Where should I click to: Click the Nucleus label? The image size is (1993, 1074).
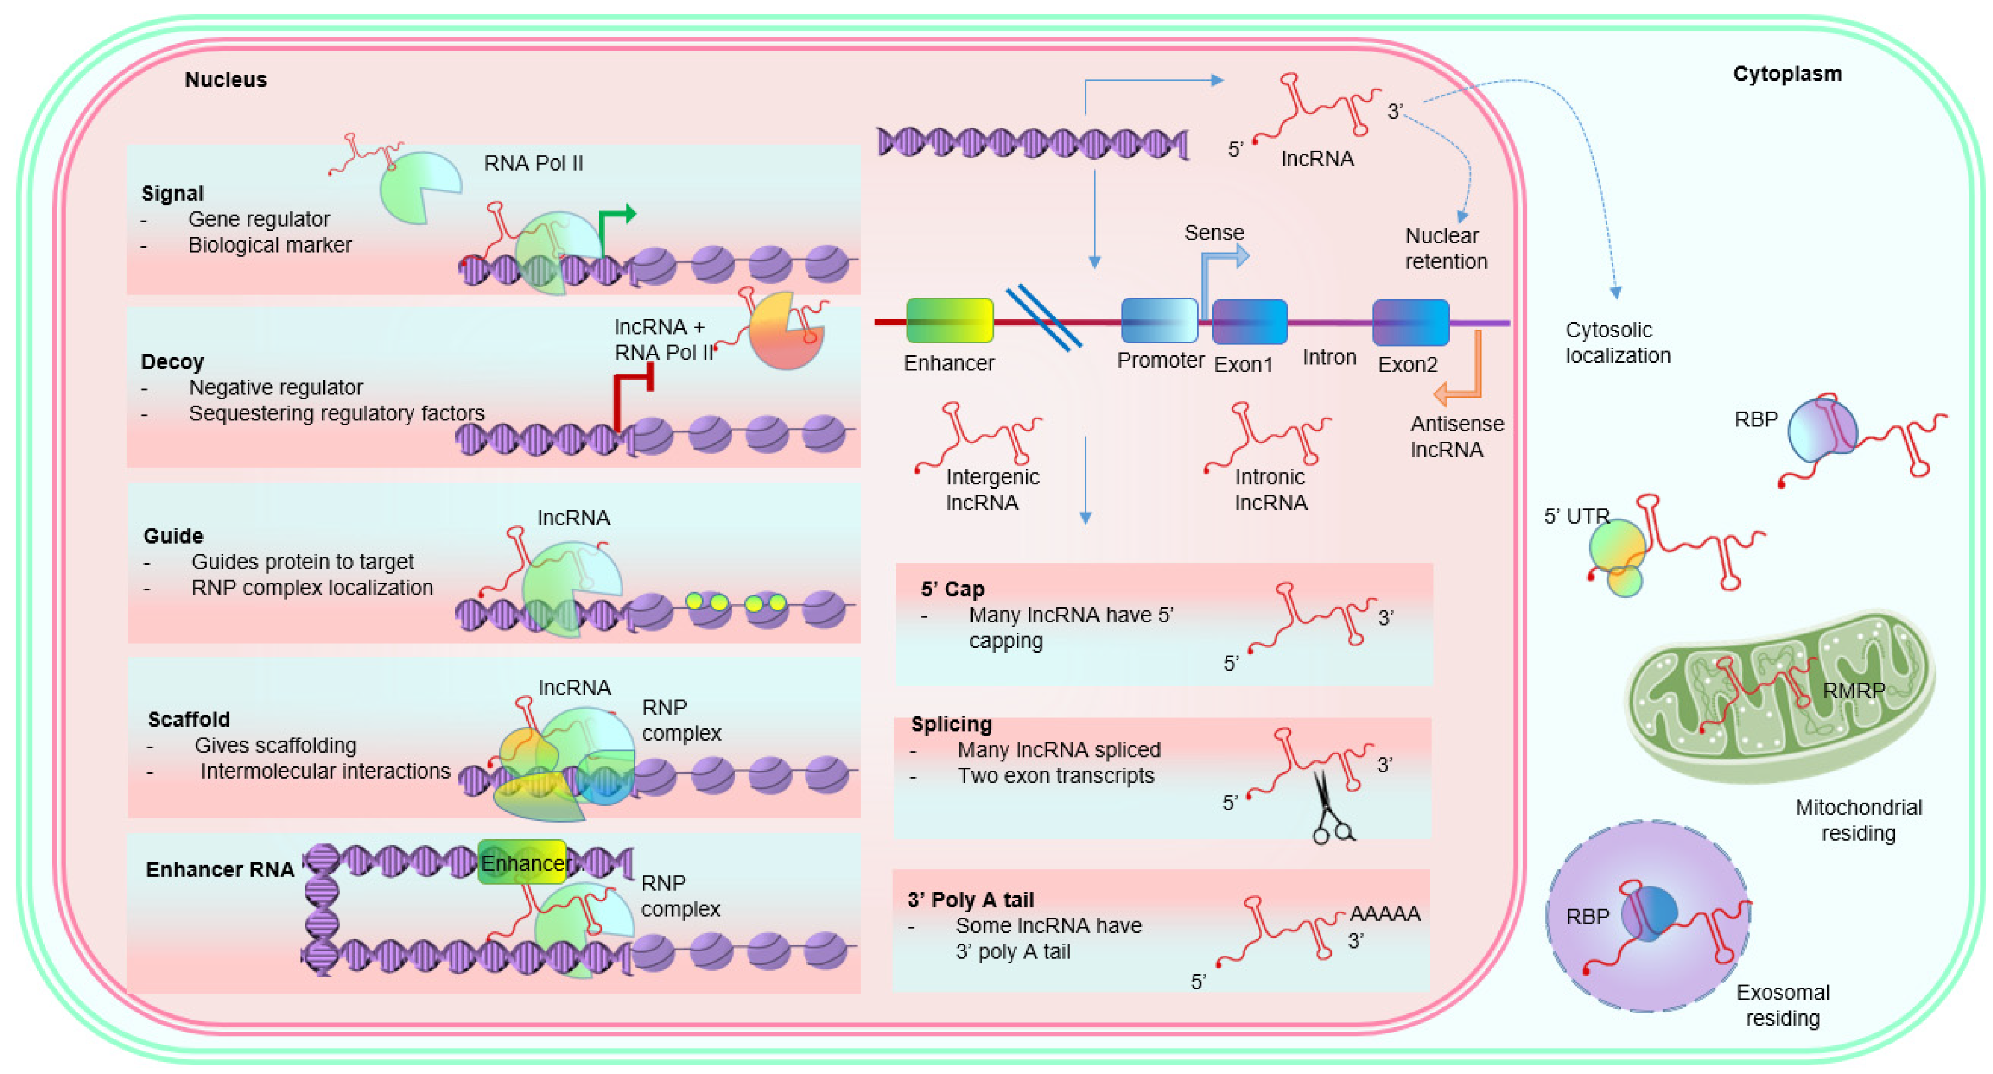[x=225, y=80]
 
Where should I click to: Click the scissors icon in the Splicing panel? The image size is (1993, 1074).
[x=1331, y=809]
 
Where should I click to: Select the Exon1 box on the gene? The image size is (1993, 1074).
[x=1249, y=322]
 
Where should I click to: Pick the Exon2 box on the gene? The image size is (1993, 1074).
[x=1410, y=322]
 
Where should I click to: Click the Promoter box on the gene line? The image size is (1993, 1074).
[x=1158, y=320]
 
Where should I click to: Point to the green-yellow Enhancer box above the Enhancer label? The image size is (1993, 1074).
[x=949, y=320]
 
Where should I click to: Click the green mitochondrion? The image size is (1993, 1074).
[x=1780, y=697]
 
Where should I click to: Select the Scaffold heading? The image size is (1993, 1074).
[x=189, y=720]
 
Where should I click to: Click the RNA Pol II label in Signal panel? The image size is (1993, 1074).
[x=533, y=163]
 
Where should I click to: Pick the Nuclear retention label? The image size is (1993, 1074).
[x=1445, y=248]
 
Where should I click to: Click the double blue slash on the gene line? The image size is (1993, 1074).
[x=1043, y=317]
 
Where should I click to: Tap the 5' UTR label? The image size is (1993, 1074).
[x=1576, y=516]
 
